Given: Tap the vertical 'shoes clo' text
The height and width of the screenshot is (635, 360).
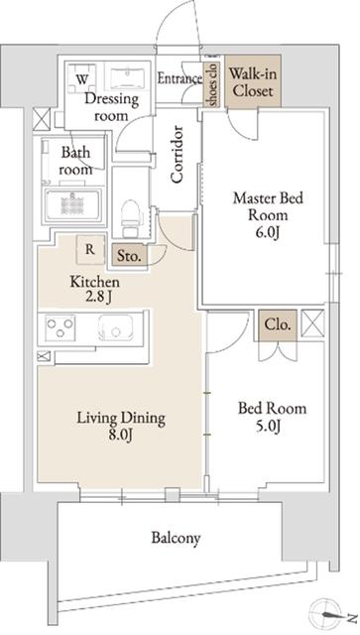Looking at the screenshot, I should [213, 83].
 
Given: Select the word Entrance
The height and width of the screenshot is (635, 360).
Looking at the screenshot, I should [180, 78].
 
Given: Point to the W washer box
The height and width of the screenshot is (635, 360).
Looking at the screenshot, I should [82, 77].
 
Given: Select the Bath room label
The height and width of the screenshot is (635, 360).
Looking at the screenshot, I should [75, 161].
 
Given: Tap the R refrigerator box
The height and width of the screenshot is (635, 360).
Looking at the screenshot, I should [89, 250].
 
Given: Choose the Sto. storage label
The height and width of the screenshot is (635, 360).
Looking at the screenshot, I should [128, 256].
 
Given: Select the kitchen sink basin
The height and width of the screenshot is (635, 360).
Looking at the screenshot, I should [121, 327].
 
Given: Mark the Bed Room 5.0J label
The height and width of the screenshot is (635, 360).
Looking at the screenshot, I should [272, 417].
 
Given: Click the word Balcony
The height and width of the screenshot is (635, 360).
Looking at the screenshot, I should [177, 539].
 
